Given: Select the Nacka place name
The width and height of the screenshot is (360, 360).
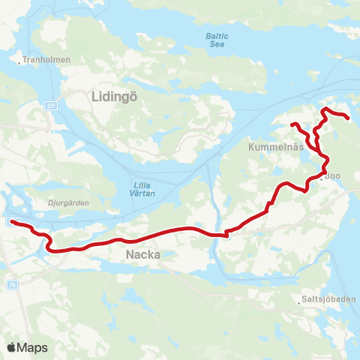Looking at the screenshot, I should click(138, 256).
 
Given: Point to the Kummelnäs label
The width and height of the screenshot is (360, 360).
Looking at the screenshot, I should click(275, 148).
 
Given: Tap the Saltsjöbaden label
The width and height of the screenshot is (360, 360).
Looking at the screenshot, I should click(329, 301).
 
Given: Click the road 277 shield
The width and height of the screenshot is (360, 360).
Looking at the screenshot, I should click(49, 106).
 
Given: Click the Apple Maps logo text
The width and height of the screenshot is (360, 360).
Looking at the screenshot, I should click(32, 348).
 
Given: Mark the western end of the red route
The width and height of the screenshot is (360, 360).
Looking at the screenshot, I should click(13, 222).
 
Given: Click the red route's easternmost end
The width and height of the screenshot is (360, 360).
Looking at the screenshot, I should click(349, 117).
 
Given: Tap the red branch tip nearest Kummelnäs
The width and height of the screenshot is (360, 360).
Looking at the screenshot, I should click(293, 124).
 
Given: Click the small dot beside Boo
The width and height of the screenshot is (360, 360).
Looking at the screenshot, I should click(321, 178).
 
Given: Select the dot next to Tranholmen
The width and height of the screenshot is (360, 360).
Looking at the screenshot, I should click(20, 61).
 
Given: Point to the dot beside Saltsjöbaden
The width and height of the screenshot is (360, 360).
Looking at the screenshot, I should click(300, 302).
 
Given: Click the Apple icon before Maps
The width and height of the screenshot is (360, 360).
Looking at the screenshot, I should click(11, 347).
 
